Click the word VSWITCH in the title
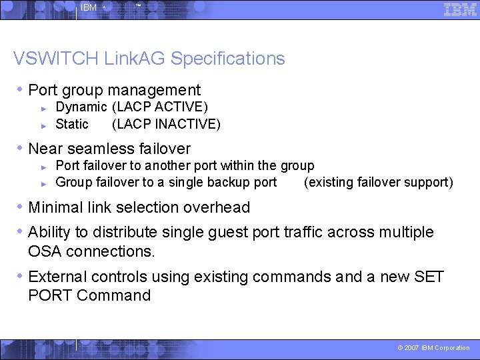tap(55, 59)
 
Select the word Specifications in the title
tap(228, 59)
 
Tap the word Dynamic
tap(81, 107)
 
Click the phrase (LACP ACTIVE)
tap(160, 107)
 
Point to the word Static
tap(72, 124)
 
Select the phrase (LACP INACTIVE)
tap(166, 124)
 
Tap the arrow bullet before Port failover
tap(43, 166)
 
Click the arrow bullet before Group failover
tap(43, 183)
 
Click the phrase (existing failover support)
tap(378, 183)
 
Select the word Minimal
tap(56, 207)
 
